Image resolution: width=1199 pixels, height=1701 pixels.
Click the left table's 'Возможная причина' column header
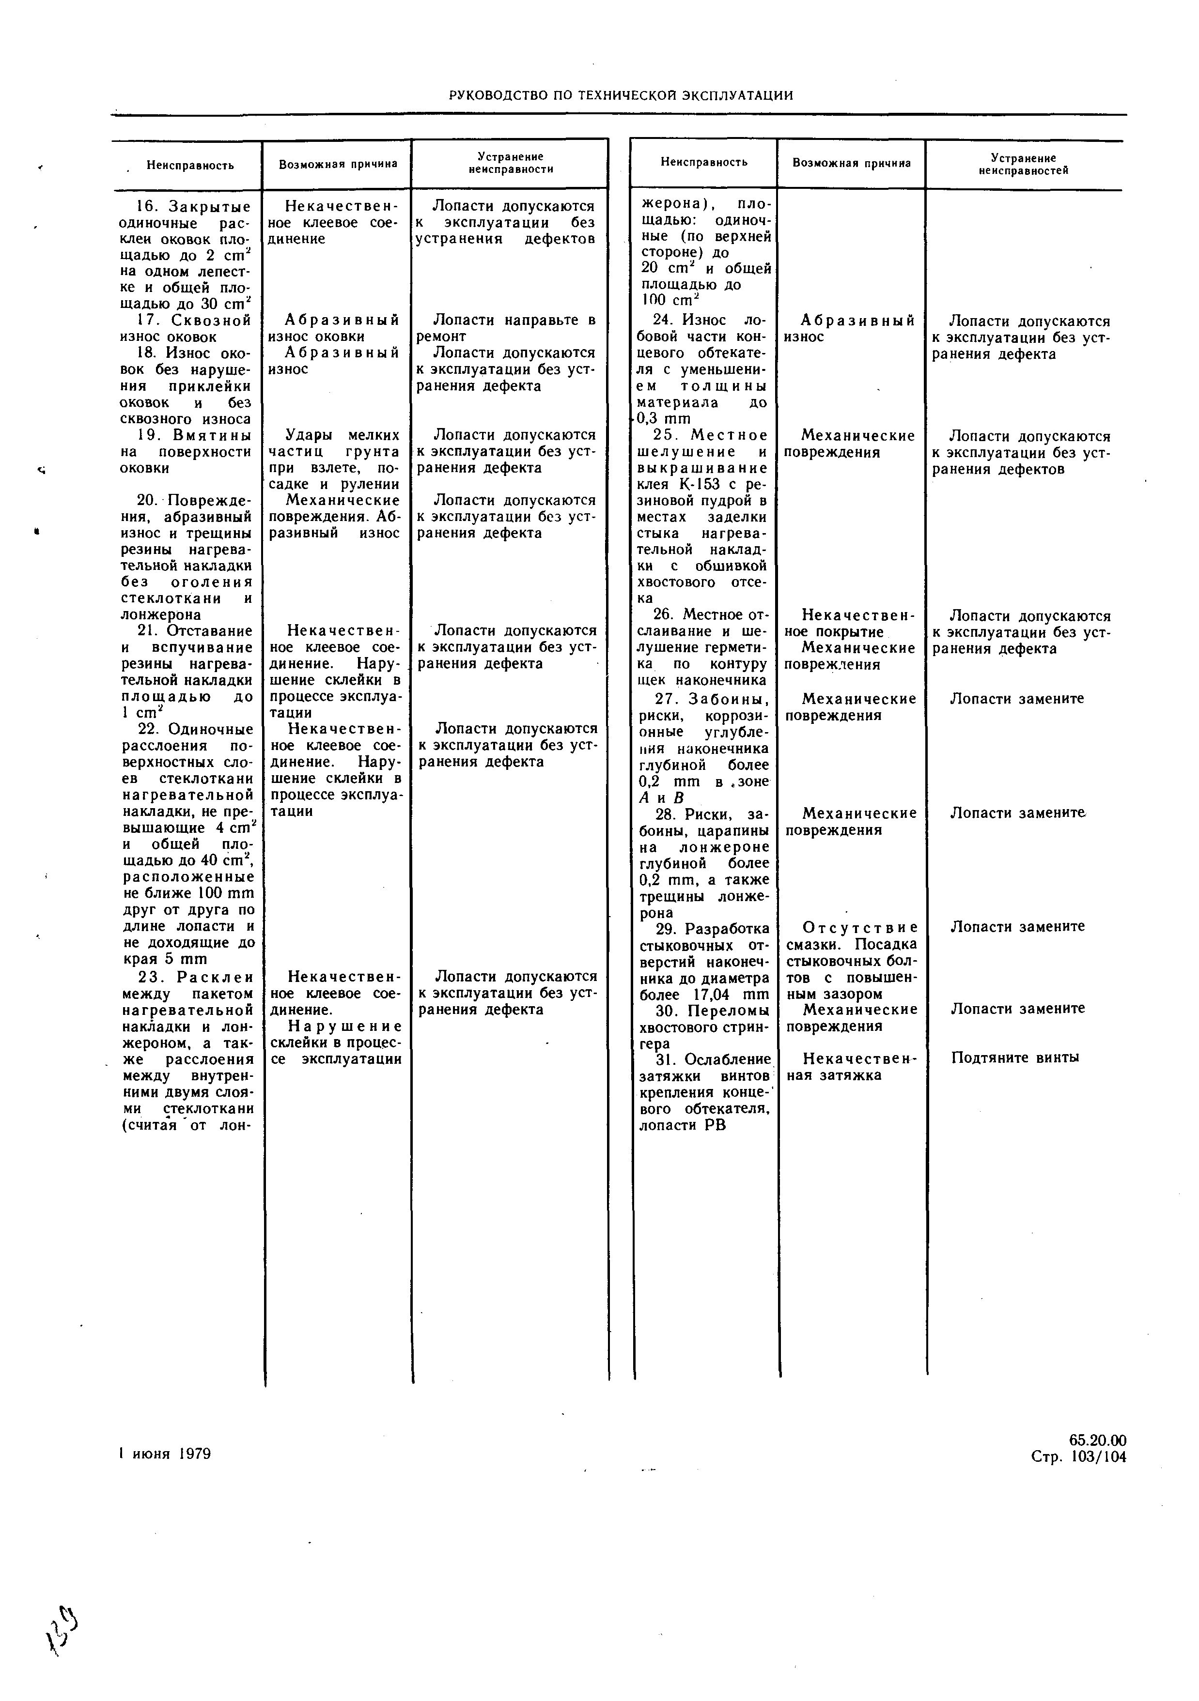coord(338,164)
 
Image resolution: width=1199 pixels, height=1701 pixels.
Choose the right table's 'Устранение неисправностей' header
coord(1023,164)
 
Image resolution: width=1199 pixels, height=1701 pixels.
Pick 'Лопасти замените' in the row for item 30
coord(1017,1008)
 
